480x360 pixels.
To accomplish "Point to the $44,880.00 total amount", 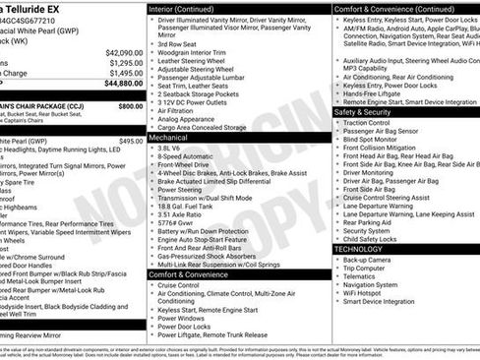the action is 122,85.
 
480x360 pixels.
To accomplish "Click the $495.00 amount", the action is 131,141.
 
